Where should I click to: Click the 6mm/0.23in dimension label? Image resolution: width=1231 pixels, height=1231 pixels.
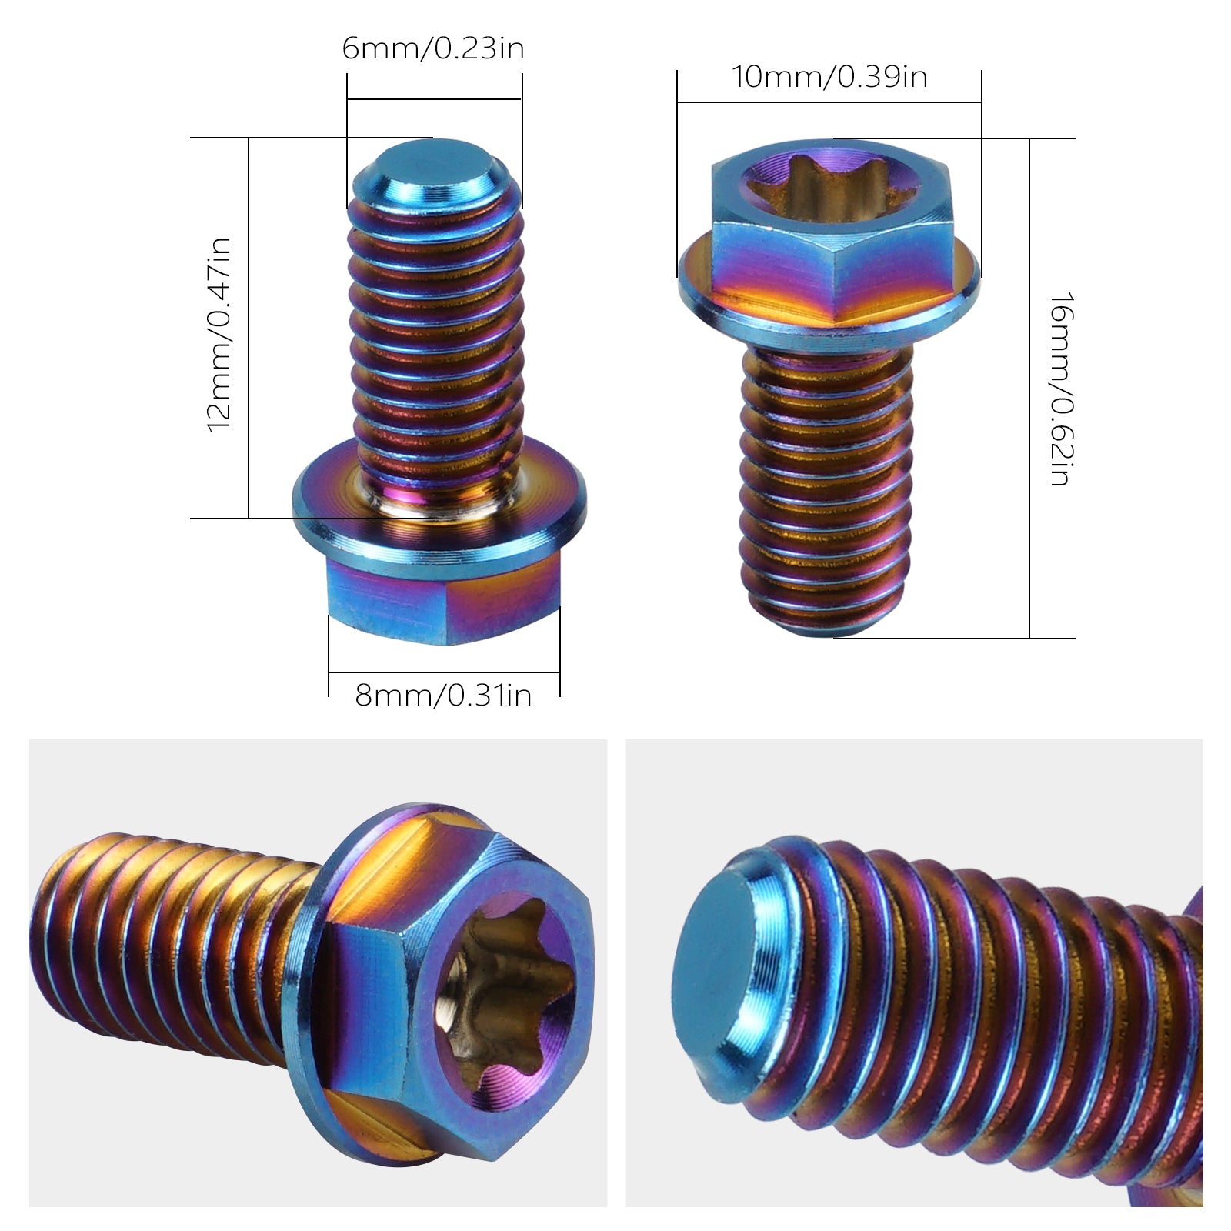point(433,49)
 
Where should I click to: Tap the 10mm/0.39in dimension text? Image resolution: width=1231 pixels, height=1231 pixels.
point(829,77)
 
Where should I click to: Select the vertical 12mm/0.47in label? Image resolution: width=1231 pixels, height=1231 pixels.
point(219,335)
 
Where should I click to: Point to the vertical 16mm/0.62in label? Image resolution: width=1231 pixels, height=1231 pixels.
point(1061,389)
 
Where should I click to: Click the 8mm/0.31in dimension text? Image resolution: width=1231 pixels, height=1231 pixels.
point(443,696)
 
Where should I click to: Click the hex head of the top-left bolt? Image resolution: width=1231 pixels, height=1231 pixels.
point(443,600)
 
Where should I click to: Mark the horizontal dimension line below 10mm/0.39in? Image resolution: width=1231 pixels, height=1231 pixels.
point(829,102)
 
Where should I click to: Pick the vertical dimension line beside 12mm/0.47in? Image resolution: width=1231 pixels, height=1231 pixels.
point(249,331)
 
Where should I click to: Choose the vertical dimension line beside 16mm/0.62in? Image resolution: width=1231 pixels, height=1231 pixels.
point(1029,389)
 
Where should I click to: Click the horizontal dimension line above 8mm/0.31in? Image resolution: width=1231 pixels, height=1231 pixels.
point(443,673)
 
